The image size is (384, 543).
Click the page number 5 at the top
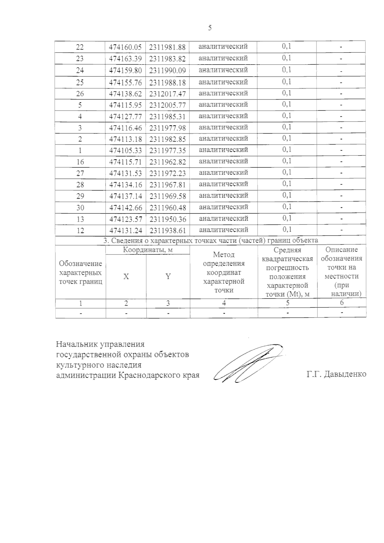210,28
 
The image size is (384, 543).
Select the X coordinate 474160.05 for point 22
125,47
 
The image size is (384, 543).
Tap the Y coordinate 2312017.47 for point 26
167,94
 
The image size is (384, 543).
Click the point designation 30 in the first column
80,208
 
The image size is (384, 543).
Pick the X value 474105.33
125,150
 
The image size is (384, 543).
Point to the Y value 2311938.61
167,231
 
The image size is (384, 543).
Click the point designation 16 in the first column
80,162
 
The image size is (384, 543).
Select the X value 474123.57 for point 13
125,219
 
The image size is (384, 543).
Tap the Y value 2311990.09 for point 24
167,70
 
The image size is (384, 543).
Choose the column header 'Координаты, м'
148,250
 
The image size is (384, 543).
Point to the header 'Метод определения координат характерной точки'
224,272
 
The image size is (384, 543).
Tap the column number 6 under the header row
341,303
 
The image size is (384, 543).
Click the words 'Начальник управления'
100,345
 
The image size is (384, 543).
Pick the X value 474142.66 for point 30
125,208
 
